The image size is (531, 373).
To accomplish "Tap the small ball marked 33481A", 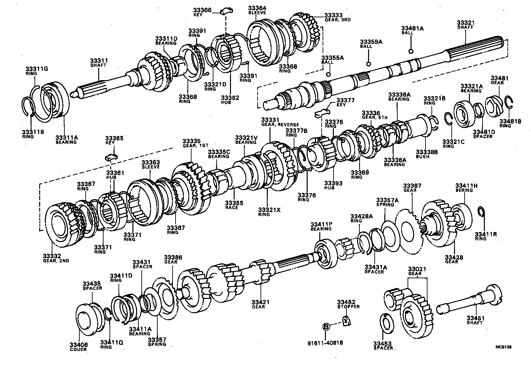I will click(411, 51).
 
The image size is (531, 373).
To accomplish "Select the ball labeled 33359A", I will click(368, 64).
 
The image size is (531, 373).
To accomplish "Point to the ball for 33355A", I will click(329, 74).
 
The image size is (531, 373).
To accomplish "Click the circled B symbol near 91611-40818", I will click(326, 327).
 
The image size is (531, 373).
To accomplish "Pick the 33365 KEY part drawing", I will click(111, 157).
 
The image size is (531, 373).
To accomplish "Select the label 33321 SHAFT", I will click(465, 25).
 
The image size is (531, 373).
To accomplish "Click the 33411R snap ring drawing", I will click(481, 213).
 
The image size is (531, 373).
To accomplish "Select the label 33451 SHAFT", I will click(475, 320).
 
